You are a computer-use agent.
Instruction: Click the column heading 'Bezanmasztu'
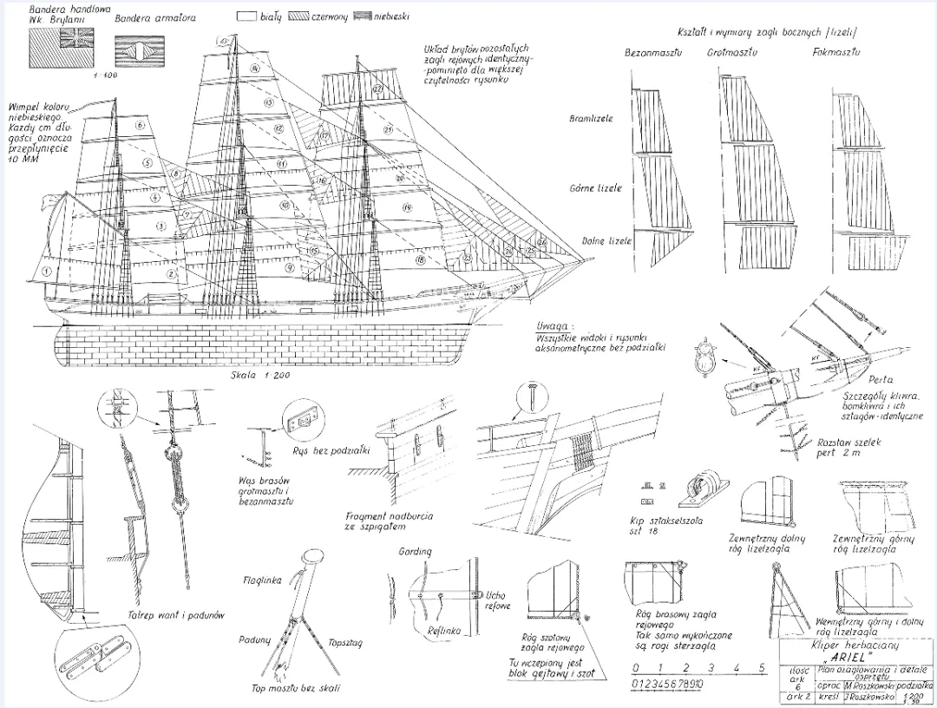point(653,54)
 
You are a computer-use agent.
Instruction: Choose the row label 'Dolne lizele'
point(593,240)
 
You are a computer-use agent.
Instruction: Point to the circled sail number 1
point(44,271)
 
